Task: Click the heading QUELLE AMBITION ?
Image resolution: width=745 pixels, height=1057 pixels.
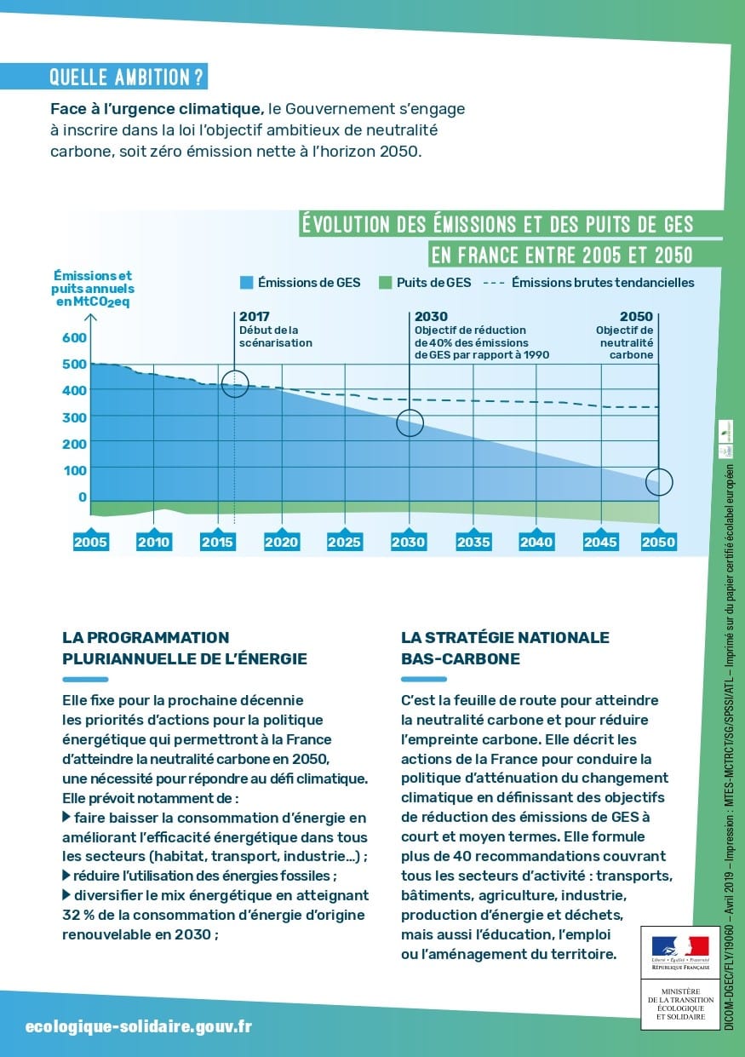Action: (x=127, y=78)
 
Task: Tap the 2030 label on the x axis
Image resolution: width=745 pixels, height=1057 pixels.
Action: (x=409, y=542)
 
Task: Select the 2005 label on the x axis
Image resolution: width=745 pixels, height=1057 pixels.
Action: (x=90, y=542)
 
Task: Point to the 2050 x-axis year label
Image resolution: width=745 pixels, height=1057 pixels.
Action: (x=658, y=542)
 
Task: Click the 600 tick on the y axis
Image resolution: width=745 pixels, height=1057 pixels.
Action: (x=75, y=338)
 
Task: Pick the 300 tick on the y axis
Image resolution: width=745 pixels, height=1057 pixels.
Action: (x=75, y=417)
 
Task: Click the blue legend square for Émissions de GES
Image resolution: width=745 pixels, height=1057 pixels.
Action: (x=247, y=283)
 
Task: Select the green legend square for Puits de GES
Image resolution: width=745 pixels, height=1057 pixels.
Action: (x=385, y=283)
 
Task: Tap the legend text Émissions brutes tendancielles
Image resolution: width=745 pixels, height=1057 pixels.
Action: (x=603, y=283)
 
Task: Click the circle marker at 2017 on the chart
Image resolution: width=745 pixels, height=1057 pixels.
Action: (x=235, y=385)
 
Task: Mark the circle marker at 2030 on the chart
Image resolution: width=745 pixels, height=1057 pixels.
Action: (x=410, y=422)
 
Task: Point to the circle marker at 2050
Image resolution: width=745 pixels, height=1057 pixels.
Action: (x=659, y=482)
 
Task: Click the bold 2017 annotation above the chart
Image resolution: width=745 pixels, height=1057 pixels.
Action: (x=255, y=317)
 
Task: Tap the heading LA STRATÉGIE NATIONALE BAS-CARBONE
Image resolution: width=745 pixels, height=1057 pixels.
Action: (x=505, y=648)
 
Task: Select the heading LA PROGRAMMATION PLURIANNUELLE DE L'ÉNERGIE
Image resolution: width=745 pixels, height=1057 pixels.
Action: (x=185, y=648)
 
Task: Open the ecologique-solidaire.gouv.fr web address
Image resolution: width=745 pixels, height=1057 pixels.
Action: (x=139, y=1027)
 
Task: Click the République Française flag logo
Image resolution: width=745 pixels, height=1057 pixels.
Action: (x=680, y=949)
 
